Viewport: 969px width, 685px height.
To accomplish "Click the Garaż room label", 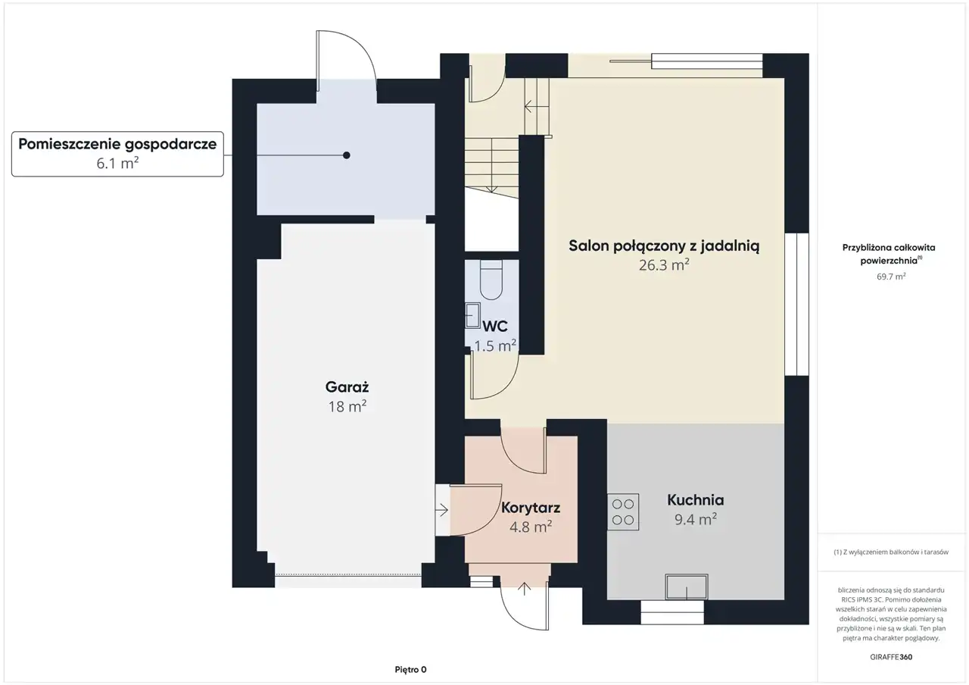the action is pyautogui.click(x=347, y=387).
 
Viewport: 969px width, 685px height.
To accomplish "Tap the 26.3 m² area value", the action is pyautogui.click(x=664, y=264).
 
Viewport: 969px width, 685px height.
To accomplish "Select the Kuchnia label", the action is pyautogui.click(x=696, y=500).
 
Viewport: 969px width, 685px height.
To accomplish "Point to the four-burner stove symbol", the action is pyautogui.click(x=623, y=512).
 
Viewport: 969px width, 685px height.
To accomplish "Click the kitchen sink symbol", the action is pyautogui.click(x=687, y=587).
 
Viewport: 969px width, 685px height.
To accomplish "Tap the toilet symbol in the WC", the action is pyautogui.click(x=491, y=280).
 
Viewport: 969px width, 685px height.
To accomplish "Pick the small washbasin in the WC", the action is pyautogui.click(x=473, y=316).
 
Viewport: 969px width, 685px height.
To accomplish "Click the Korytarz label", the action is pyautogui.click(x=531, y=508).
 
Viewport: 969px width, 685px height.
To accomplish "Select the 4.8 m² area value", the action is pyautogui.click(x=531, y=527).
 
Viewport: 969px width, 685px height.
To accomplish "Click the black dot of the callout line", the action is pyautogui.click(x=347, y=155).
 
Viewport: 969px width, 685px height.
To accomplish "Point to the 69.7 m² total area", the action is pyautogui.click(x=891, y=277).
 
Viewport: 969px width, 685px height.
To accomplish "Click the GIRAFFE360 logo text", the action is pyautogui.click(x=891, y=657).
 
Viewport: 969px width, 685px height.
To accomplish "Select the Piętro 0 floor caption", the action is pyautogui.click(x=410, y=669).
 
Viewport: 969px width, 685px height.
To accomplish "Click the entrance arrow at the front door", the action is pyautogui.click(x=525, y=589).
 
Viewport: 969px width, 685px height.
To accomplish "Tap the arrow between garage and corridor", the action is pyautogui.click(x=441, y=510).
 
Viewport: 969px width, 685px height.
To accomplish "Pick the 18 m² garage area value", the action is pyautogui.click(x=347, y=407).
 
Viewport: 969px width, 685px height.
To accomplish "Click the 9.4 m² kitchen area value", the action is pyautogui.click(x=696, y=519).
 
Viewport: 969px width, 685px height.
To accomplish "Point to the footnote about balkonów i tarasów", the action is pyautogui.click(x=891, y=552).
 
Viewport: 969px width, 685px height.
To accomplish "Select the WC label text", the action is pyautogui.click(x=495, y=326).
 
